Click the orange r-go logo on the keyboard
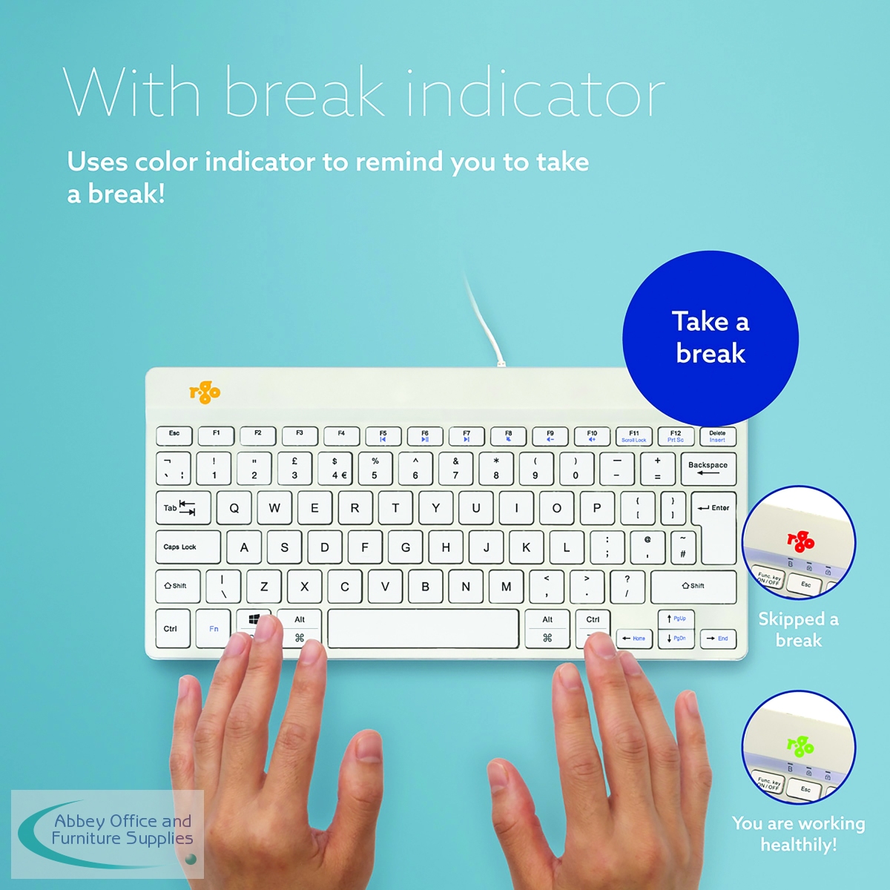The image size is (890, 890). coord(205,392)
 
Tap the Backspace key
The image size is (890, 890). coord(708,469)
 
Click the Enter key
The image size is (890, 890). coord(715,527)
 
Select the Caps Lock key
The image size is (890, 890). coord(188,547)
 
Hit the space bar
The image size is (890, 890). coord(423,629)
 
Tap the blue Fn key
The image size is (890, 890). coord(213,629)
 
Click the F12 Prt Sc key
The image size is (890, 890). coord(675,436)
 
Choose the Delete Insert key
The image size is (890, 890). coord(717,436)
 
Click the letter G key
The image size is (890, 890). coord(405,547)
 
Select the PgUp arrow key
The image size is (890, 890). coord(676,619)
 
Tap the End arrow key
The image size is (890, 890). coord(718,639)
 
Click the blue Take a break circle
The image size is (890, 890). coord(711,338)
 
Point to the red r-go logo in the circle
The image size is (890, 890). coord(800,541)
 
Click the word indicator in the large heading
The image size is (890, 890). coord(535,93)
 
